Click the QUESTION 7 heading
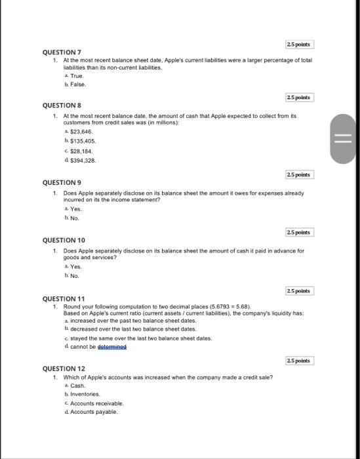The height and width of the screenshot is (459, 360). (62, 51)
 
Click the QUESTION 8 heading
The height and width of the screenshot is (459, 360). (62, 105)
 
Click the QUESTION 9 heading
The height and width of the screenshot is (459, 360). (62, 182)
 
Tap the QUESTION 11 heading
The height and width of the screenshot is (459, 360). (63, 299)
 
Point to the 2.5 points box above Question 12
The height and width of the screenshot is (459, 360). (300, 361)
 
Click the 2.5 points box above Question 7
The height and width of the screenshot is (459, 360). (300, 44)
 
